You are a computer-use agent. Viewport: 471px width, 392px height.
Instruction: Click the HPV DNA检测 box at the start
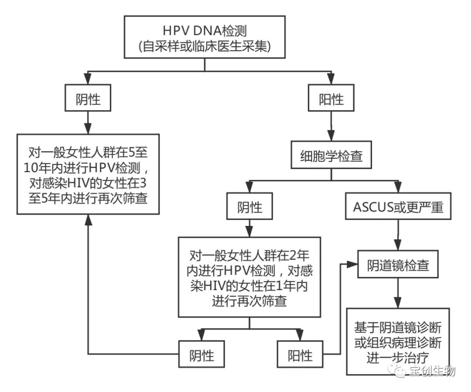tap(205, 37)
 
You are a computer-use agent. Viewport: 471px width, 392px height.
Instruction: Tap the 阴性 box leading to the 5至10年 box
tap(89, 100)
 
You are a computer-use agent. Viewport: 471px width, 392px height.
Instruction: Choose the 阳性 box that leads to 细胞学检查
tap(331, 100)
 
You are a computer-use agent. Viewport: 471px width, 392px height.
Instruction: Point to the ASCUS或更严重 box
tap(397, 207)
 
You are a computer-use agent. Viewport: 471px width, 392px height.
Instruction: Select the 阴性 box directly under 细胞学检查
tap(249, 207)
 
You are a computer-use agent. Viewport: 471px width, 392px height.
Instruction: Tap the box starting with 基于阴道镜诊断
tap(397, 341)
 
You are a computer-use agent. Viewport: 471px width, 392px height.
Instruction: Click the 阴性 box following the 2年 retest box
tap(202, 355)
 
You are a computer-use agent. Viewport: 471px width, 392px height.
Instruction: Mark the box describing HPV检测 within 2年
tap(249, 277)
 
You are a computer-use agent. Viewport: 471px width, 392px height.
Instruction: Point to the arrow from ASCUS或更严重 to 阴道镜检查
tap(397, 236)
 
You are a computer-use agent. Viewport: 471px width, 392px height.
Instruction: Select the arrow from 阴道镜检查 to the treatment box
tap(397, 294)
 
